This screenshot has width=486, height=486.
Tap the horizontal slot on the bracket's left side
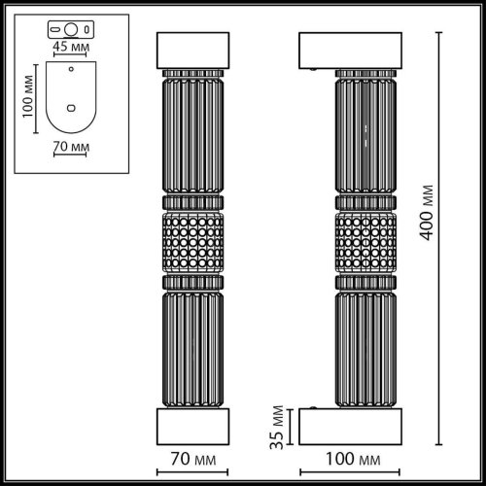point(54,27)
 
